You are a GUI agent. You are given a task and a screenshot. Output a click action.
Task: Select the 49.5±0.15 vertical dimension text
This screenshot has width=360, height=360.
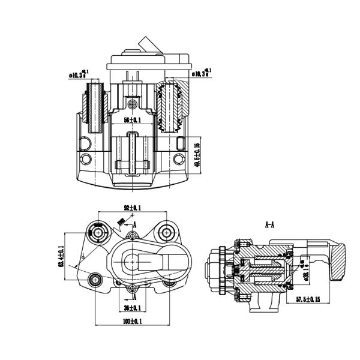click(197, 151)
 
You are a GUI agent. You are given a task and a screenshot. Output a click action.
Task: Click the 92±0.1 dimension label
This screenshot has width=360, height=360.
click(132, 208)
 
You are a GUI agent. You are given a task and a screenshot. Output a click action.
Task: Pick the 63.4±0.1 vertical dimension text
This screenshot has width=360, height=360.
click(62, 256)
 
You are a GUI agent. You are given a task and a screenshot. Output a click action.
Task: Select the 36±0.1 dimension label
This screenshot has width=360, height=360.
click(132, 308)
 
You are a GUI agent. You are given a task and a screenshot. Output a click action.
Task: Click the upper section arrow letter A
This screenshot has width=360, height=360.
click(135, 224)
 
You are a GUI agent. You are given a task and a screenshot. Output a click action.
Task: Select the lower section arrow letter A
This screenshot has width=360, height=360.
click(135, 296)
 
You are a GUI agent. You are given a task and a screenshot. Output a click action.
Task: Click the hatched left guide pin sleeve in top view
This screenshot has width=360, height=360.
click(95, 107)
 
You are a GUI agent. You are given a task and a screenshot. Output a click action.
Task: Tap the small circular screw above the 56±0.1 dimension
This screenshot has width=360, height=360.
click(132, 105)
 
